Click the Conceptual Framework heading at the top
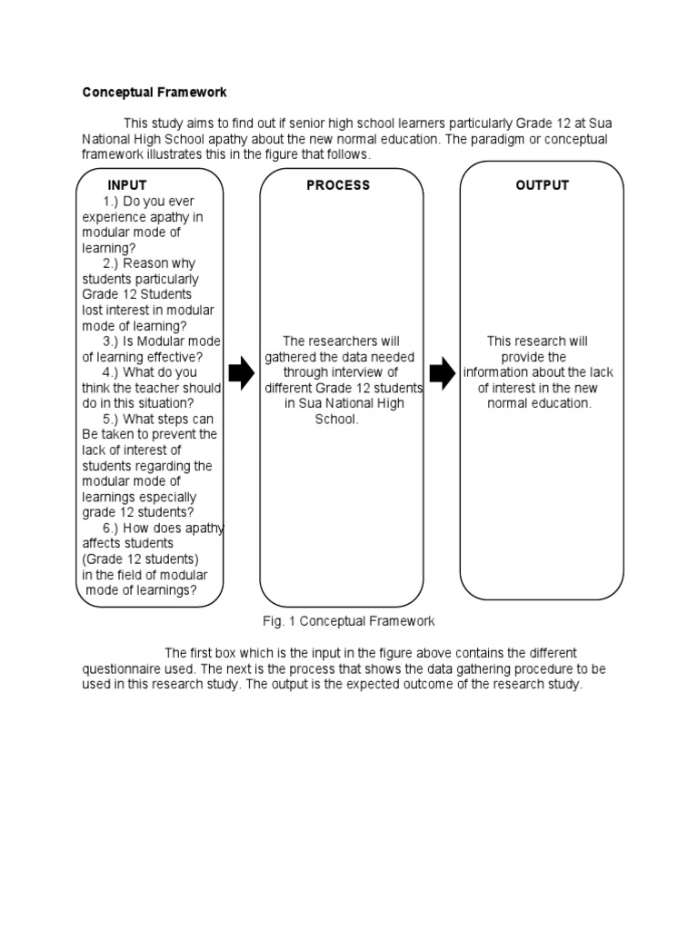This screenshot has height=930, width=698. tap(155, 92)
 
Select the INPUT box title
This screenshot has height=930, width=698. tap(127, 185)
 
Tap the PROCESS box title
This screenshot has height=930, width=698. tap(338, 185)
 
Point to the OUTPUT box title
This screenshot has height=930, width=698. tap(542, 185)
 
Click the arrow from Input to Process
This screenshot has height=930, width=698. tap(242, 372)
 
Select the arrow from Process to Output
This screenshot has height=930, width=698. tap(442, 372)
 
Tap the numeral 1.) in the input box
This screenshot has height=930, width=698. tap(116, 201)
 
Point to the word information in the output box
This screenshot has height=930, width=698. tap(498, 372)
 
